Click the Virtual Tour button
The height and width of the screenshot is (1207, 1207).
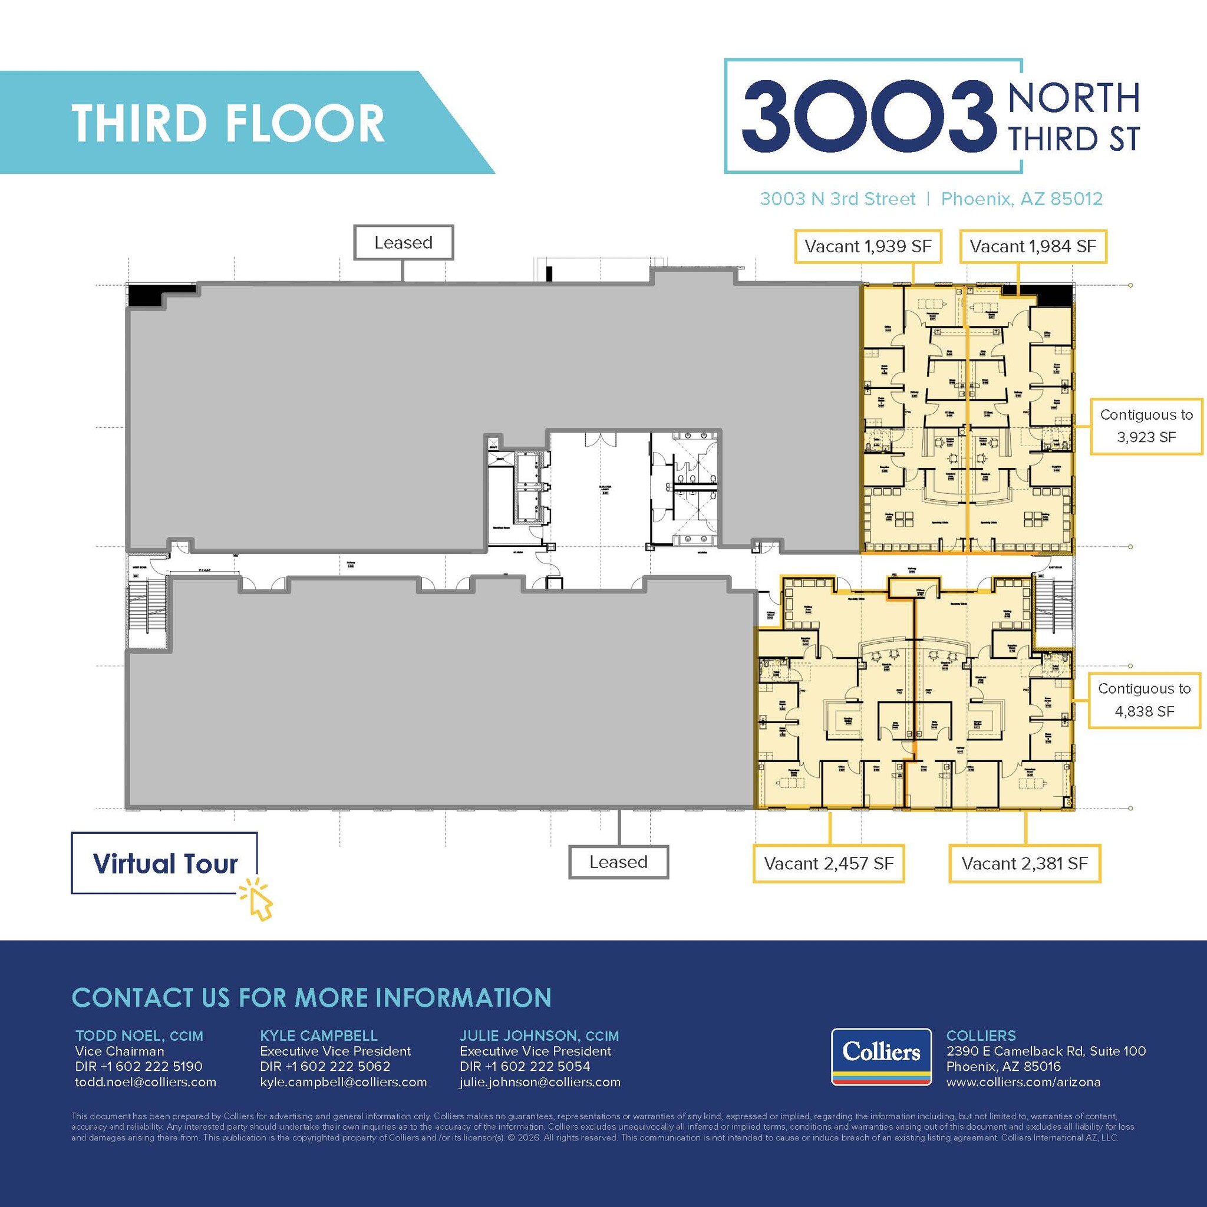click(164, 863)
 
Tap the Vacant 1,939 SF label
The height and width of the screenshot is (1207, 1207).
click(867, 246)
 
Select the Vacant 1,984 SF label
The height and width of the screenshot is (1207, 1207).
click(1033, 246)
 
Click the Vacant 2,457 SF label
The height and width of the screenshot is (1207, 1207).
click(829, 863)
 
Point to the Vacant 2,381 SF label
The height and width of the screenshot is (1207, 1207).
click(1024, 863)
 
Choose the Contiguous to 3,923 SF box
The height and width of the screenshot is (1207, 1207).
click(1146, 426)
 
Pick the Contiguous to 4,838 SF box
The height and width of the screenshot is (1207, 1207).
click(1144, 700)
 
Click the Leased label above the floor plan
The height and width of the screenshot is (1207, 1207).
click(403, 242)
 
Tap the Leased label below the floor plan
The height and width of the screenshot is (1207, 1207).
click(618, 862)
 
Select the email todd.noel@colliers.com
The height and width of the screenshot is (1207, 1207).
click(146, 1082)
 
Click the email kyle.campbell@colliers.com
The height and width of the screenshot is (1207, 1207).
click(343, 1082)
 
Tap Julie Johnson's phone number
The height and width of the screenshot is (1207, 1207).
click(525, 1066)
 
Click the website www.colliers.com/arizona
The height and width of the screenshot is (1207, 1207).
click(1023, 1082)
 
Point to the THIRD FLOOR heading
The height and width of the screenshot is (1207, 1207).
click(228, 123)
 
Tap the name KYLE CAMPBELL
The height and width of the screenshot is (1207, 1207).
click(318, 1035)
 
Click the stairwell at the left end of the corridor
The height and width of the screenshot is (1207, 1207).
click(148, 612)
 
